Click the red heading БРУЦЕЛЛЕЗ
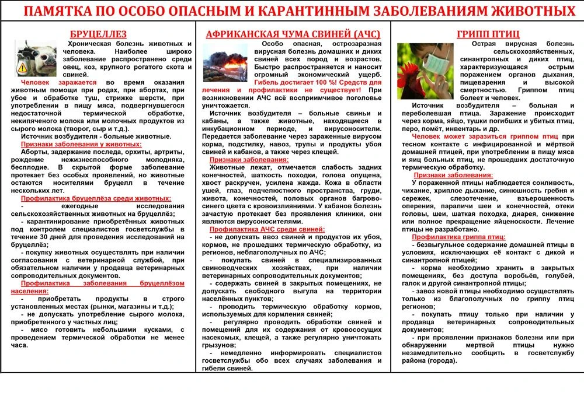click(98, 34)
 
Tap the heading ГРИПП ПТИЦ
click(488, 34)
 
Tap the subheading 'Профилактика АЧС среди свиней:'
click(267, 229)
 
